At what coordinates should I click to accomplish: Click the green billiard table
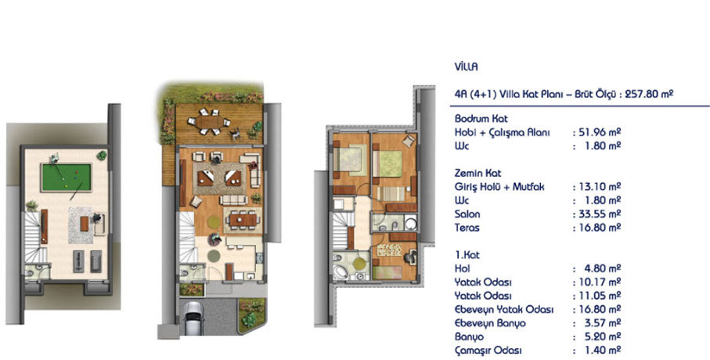[x=67, y=178]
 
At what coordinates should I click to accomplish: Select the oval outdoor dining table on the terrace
[x=209, y=122]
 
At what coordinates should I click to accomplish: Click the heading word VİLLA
[x=467, y=67]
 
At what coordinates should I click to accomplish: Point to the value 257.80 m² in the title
[x=649, y=94]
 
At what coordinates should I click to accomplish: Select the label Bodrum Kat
[x=481, y=119]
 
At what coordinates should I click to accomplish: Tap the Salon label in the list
[x=467, y=214]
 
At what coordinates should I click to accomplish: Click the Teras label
[x=467, y=228]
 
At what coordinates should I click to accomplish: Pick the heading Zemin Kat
[x=478, y=173]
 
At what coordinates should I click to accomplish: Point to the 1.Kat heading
[x=467, y=255]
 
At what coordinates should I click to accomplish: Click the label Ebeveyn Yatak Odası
[x=504, y=310]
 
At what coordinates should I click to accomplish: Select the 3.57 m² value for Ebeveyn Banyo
[x=602, y=323]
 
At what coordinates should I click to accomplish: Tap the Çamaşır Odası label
[x=488, y=351]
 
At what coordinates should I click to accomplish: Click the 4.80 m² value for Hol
[x=602, y=268]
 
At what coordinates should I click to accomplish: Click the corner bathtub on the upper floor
[x=341, y=271]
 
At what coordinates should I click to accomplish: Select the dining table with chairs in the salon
[x=243, y=220]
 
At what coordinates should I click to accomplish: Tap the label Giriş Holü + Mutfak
[x=499, y=187]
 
